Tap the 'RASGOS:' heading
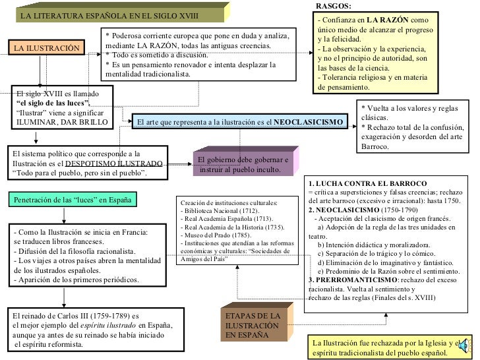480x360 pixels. tap(334, 5)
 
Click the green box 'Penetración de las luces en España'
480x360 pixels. tap(73, 199)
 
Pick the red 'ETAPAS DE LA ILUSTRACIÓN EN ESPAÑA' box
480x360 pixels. tap(253, 326)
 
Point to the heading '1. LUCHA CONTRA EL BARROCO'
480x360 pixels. tap(367, 183)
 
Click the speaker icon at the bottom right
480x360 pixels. tap(466, 343)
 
